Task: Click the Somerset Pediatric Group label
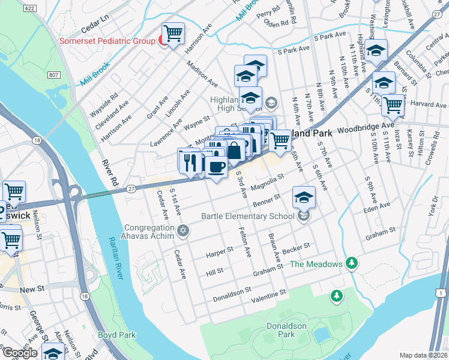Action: (x=106, y=41)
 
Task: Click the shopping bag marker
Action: (x=235, y=150)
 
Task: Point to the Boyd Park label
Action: (x=117, y=335)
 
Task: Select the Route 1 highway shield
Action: (x=441, y=292)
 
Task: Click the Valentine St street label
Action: (x=268, y=295)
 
